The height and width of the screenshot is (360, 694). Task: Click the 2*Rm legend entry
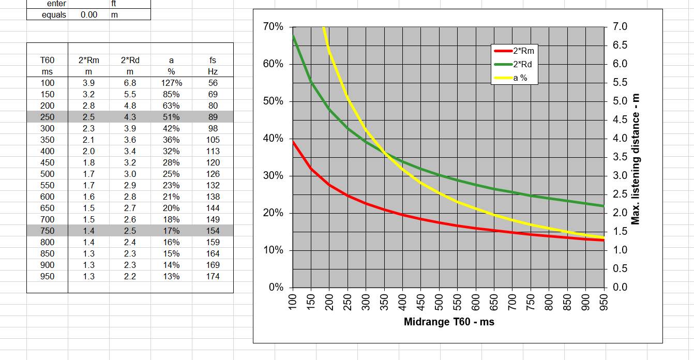(x=523, y=51)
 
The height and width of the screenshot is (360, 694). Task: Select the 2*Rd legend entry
(x=523, y=65)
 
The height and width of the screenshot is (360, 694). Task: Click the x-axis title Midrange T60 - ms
(x=449, y=322)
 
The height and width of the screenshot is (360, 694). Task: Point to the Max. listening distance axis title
(x=636, y=159)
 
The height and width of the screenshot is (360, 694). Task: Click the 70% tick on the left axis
(x=273, y=27)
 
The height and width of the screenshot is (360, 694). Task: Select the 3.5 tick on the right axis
(x=620, y=157)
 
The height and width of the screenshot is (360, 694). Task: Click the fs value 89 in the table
(x=213, y=117)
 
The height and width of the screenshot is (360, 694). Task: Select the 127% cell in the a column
(x=171, y=83)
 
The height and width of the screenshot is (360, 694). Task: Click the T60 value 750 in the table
(x=47, y=231)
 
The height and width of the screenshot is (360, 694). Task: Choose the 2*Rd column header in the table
(x=130, y=61)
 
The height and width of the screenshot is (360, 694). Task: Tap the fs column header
(x=213, y=61)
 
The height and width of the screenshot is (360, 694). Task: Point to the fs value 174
(x=213, y=277)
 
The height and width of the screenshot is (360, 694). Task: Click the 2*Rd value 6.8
(x=130, y=83)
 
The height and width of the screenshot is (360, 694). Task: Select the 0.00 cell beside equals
(x=89, y=14)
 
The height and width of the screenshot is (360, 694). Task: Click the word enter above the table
(x=56, y=4)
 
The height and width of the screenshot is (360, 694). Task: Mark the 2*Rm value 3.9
(x=88, y=83)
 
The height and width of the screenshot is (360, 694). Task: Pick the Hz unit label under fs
(x=213, y=72)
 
